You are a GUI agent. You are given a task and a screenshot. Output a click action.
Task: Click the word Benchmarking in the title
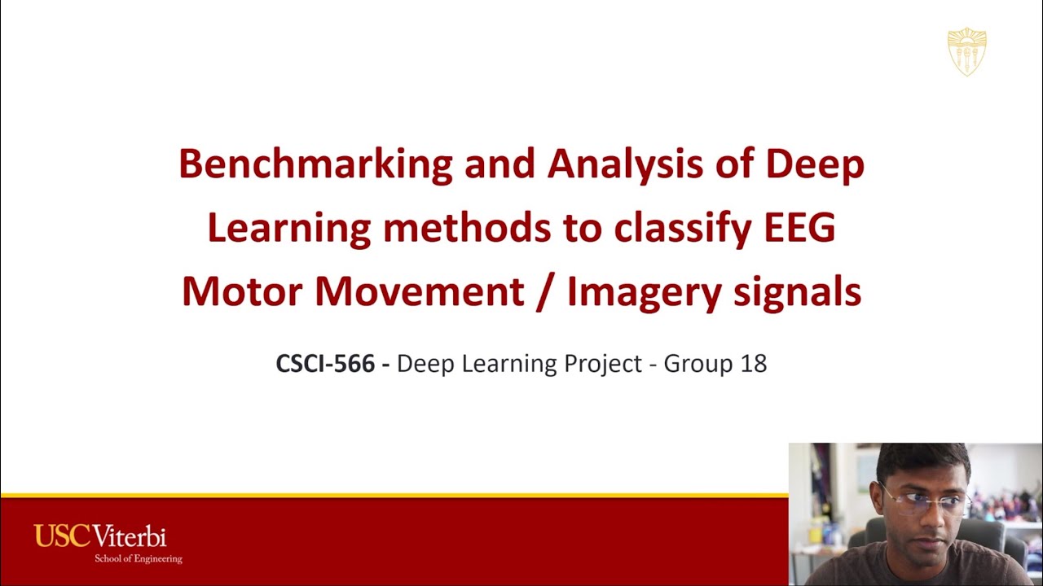coord(315,164)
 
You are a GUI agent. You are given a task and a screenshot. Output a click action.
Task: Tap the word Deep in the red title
coord(814,164)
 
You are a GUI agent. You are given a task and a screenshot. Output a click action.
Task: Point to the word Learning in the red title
coord(288,229)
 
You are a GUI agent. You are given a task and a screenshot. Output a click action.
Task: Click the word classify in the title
coord(680,229)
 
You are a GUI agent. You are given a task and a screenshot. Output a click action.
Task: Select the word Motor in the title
coord(242,292)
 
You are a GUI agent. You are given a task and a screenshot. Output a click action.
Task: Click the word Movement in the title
coord(419,292)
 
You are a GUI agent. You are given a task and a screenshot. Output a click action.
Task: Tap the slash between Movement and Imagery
coord(545,292)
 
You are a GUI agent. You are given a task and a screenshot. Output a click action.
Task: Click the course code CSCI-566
coord(325,363)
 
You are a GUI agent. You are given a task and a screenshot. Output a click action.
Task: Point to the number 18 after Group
coord(754,363)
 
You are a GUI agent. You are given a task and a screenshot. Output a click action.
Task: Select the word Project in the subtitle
coord(603,363)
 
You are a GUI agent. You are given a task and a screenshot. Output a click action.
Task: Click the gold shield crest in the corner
coord(966,51)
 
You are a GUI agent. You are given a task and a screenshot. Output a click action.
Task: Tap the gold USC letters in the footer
coord(63,537)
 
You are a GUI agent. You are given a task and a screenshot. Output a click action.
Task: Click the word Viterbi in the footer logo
coord(130,537)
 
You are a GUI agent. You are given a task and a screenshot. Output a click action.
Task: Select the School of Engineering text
coord(138,559)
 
